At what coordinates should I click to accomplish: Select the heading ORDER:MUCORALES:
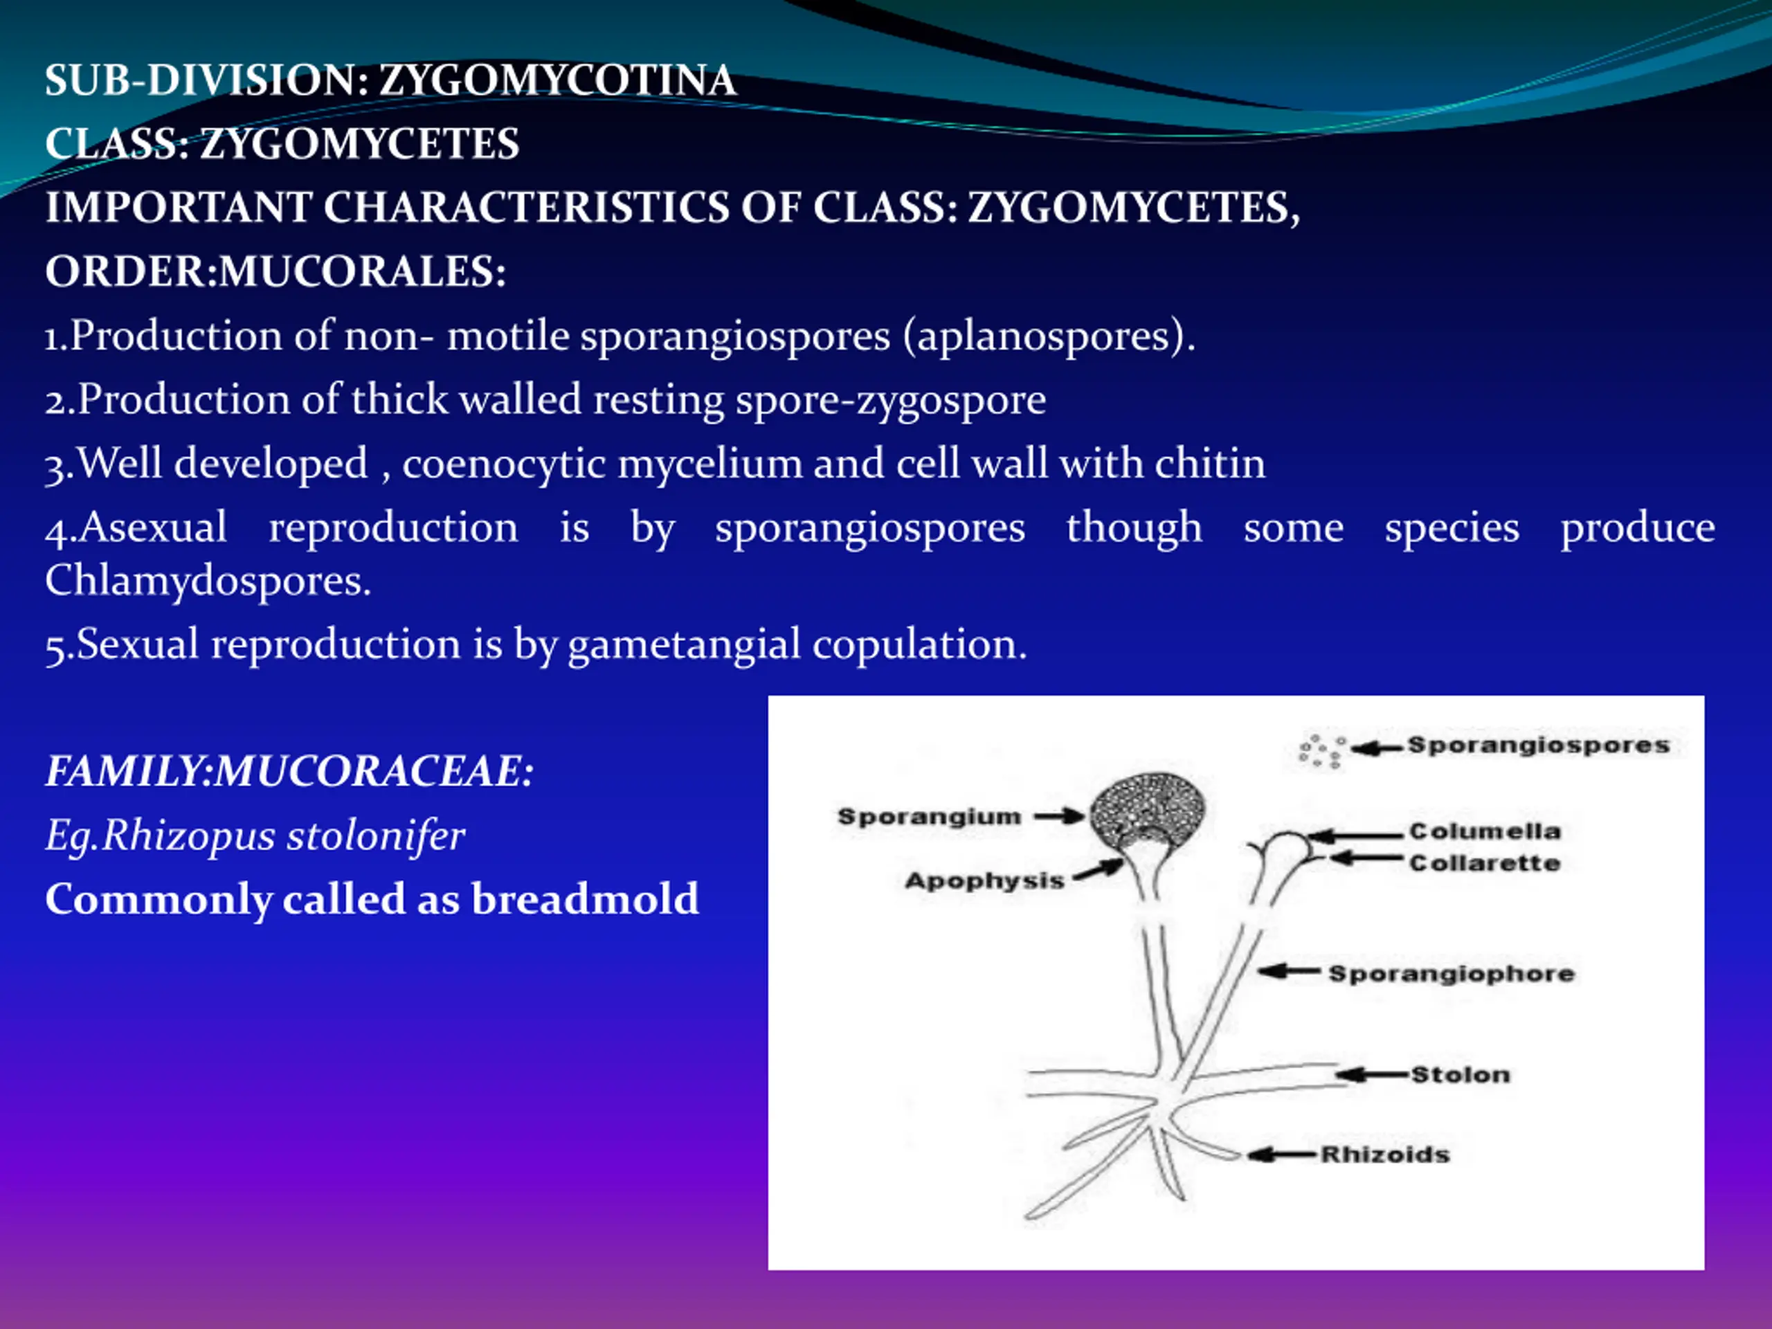pyautogui.click(x=275, y=271)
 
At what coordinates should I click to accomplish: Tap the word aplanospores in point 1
pyautogui.click(x=1043, y=336)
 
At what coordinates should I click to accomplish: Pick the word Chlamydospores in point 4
pyautogui.click(x=207, y=580)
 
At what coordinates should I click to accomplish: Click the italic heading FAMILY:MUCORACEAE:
pyautogui.click(x=289, y=772)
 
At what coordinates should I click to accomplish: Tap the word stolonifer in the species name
pyautogui.click(x=376, y=835)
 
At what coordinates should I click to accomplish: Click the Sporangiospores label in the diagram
pyautogui.click(x=1539, y=745)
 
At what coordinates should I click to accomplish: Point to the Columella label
pyautogui.click(x=1485, y=831)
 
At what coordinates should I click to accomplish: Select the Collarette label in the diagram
pyautogui.click(x=1485, y=864)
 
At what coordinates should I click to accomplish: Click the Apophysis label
pyautogui.click(x=984, y=880)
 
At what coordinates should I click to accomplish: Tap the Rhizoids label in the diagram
pyautogui.click(x=1385, y=1155)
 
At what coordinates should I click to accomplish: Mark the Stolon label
pyautogui.click(x=1461, y=1074)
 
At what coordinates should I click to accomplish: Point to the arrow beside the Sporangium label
pyautogui.click(x=1059, y=817)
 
